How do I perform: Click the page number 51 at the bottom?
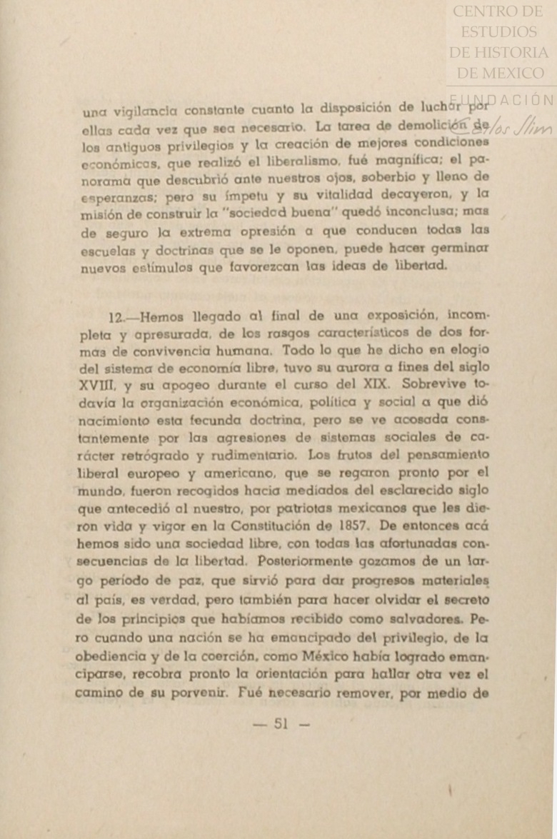[281, 724]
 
